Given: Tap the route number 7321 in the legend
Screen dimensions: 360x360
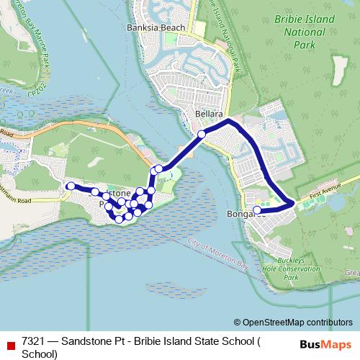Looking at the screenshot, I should point(35,342).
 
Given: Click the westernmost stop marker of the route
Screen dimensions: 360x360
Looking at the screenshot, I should point(71,186).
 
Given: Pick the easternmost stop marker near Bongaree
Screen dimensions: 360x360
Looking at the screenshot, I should point(257,211).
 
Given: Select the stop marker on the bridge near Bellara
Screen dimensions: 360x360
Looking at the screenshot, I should point(202,135).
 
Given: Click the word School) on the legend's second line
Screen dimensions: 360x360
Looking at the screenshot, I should point(39,354).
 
